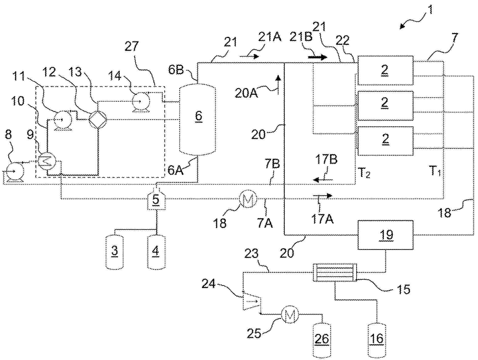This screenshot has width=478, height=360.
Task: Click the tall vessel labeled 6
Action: (198, 119)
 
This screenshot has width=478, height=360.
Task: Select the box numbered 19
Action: (385, 235)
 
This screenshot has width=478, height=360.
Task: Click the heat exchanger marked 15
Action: (335, 273)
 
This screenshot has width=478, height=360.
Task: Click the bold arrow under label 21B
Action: (317, 57)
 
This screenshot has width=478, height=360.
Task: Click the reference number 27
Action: (132, 47)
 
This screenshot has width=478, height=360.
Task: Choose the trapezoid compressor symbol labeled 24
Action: (251, 301)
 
